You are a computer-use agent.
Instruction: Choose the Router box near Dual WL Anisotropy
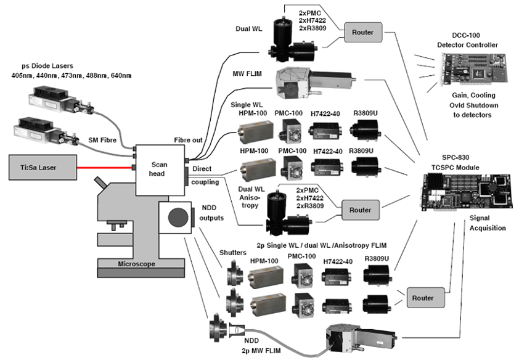[x=361, y=210]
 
